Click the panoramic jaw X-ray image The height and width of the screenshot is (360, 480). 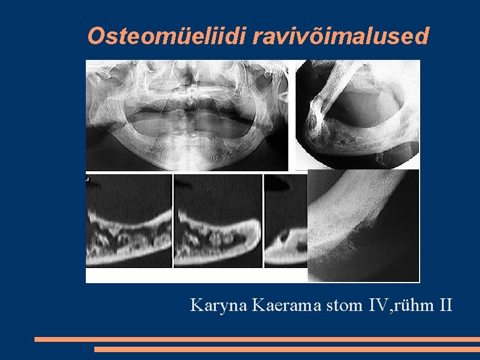tap(187, 115)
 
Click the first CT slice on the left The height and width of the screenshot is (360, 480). tap(129, 221)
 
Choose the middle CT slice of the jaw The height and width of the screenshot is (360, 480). tap(218, 221)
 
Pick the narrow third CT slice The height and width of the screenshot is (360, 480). tap(286, 221)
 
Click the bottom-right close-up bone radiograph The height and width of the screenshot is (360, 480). tap(363, 226)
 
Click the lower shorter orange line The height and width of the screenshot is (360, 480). tap(287, 349)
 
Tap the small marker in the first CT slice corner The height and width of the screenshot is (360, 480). tap(88, 178)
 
